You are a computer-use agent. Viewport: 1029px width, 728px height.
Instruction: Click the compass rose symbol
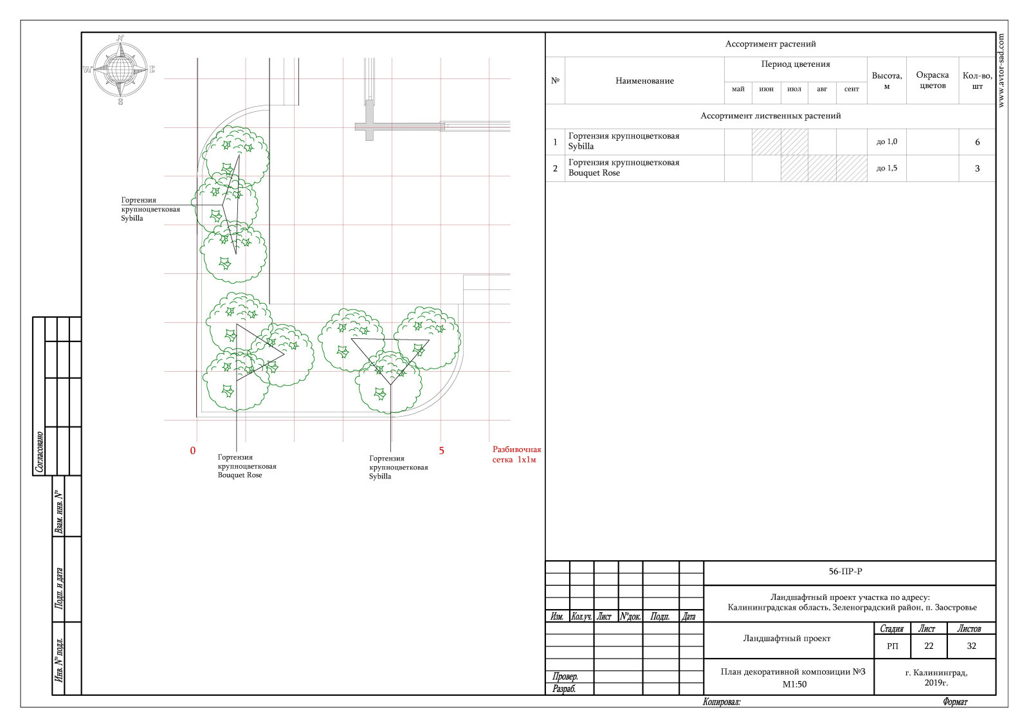[x=120, y=69]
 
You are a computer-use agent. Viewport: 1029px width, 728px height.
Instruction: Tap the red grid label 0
[x=193, y=451]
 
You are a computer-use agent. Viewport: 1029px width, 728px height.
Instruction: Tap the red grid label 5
[x=441, y=451]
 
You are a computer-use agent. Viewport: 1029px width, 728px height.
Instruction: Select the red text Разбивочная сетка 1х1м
[x=517, y=454]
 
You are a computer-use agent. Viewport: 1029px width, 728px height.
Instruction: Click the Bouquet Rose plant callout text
[x=247, y=466]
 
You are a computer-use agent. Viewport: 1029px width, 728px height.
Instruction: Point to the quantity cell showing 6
[x=977, y=142]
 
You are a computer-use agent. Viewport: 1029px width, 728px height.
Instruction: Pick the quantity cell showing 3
[x=977, y=168]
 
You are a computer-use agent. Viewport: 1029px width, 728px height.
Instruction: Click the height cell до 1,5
[x=887, y=168]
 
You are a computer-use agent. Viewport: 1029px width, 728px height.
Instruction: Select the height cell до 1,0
[x=887, y=141]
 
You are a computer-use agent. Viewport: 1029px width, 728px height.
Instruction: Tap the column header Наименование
[x=644, y=81]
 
